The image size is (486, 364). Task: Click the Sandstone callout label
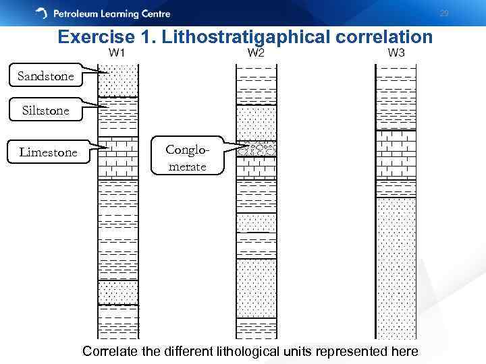46,76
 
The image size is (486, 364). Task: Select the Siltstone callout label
46,110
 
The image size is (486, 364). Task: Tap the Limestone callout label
48,152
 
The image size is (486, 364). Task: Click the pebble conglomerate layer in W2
256,150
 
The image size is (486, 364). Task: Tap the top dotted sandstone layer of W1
118,81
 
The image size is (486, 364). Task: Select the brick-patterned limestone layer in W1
118,158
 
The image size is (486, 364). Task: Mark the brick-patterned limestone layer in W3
396,162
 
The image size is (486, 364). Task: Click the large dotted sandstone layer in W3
396,266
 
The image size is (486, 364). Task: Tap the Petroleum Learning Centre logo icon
42,13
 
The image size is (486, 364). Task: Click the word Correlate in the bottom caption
111,351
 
